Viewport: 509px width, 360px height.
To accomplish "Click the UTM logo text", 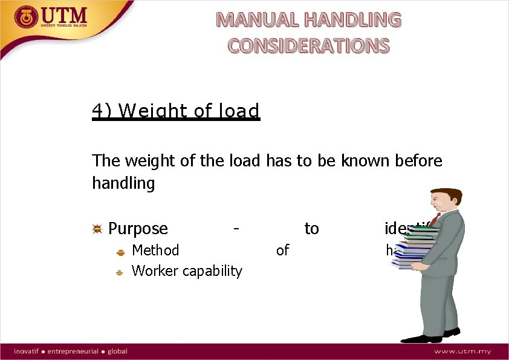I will pyautogui.click(x=65, y=16).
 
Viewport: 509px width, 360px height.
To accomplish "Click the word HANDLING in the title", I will pyautogui.click(x=352, y=20).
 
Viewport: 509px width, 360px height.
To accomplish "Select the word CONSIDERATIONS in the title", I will pyautogui.click(x=308, y=45).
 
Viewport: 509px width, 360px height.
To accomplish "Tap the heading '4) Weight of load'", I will pyautogui.click(x=176, y=111).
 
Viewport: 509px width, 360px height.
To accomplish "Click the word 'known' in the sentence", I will pyautogui.click(x=358, y=161).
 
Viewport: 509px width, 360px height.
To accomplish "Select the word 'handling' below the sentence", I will pyautogui.click(x=123, y=183).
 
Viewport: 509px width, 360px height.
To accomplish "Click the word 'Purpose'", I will pyautogui.click(x=138, y=229).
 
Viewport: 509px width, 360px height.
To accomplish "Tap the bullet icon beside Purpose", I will pyautogui.click(x=97, y=229).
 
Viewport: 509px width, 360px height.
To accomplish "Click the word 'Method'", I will pyautogui.click(x=155, y=250).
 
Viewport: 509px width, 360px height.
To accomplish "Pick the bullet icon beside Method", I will pyautogui.click(x=120, y=251).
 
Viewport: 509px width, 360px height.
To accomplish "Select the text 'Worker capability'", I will pyautogui.click(x=187, y=270).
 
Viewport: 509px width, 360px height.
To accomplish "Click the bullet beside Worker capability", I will pyautogui.click(x=120, y=272).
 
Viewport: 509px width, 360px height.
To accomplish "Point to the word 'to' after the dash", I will pyautogui.click(x=311, y=229).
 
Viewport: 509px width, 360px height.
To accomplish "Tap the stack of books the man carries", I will pyautogui.click(x=415, y=245).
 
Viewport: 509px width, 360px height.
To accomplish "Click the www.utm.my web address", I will pyautogui.click(x=462, y=352).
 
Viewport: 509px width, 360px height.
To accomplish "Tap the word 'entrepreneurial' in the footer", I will pyautogui.click(x=74, y=352).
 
